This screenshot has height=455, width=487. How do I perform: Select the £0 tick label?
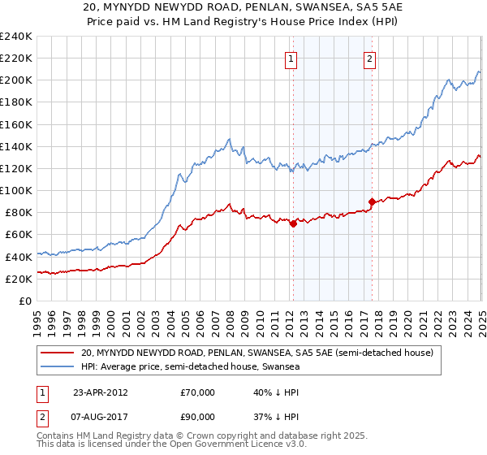[25, 301]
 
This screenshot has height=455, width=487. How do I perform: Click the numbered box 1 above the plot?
[291, 58]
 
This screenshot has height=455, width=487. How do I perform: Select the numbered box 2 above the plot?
[369, 58]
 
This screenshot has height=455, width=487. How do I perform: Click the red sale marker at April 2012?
[293, 224]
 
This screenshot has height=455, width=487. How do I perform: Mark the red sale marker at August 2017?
[372, 201]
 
